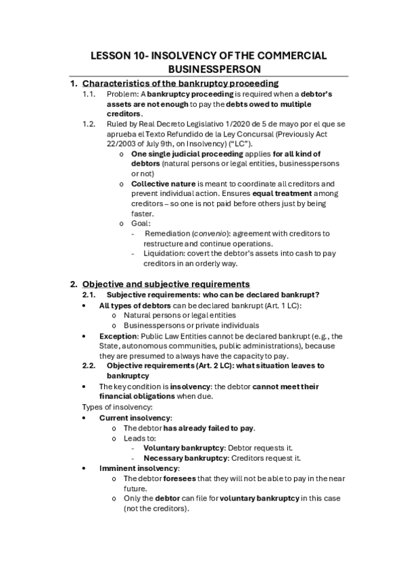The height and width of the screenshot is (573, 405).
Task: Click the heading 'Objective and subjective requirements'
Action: pyautogui.click(x=166, y=284)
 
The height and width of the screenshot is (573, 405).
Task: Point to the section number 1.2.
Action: pyautogui.click(x=89, y=124)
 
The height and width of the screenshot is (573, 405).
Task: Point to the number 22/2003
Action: pyautogui.click(x=124, y=144)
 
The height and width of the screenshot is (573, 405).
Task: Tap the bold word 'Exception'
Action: pyautogui.click(x=118, y=336)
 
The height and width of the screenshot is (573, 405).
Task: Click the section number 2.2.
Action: pyautogui.click(x=89, y=366)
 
